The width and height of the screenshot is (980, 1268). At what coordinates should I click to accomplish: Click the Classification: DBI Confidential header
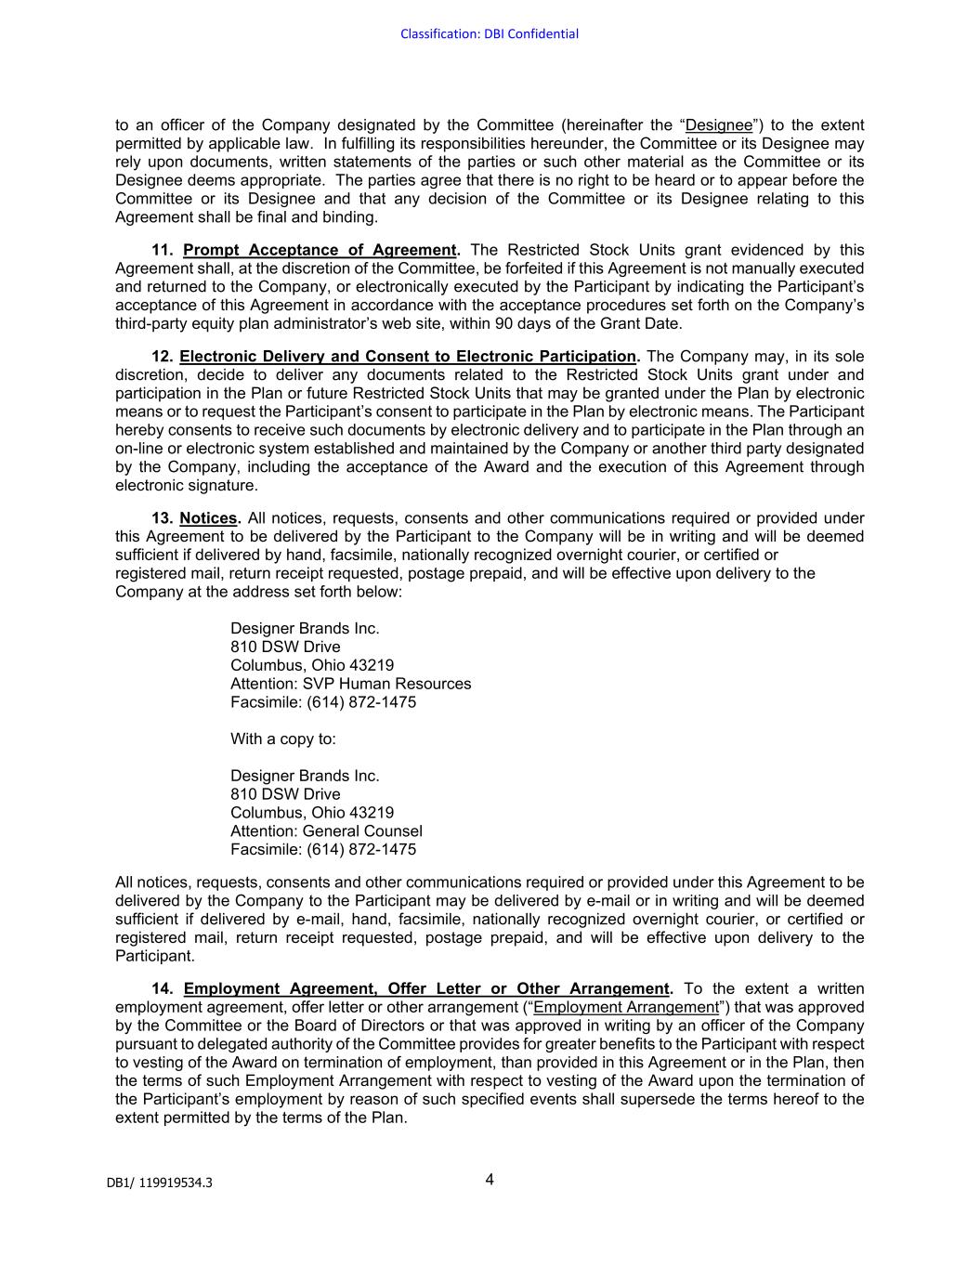(490, 34)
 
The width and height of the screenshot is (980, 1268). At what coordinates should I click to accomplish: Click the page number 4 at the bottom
(490, 1180)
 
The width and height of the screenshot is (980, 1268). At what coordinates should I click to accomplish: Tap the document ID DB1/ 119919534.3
(159, 1183)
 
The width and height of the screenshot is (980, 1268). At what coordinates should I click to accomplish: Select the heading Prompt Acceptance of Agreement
(320, 250)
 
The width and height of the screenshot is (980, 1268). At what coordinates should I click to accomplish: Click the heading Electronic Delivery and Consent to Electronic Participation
(408, 357)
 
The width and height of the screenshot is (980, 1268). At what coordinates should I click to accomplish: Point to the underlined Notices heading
(208, 518)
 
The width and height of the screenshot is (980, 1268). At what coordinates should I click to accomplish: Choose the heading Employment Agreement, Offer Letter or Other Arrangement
(425, 988)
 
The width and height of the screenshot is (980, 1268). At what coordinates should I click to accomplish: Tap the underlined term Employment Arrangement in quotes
(626, 1007)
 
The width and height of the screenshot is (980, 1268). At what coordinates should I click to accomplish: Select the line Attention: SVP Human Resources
(350, 684)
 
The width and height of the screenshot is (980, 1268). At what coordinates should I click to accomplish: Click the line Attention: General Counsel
(326, 831)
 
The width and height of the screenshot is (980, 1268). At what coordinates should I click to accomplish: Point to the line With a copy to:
(283, 739)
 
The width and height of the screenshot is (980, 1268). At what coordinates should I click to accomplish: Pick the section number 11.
(163, 250)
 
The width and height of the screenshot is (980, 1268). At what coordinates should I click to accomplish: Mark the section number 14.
(163, 988)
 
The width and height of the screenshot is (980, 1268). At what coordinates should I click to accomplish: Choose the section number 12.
(163, 357)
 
